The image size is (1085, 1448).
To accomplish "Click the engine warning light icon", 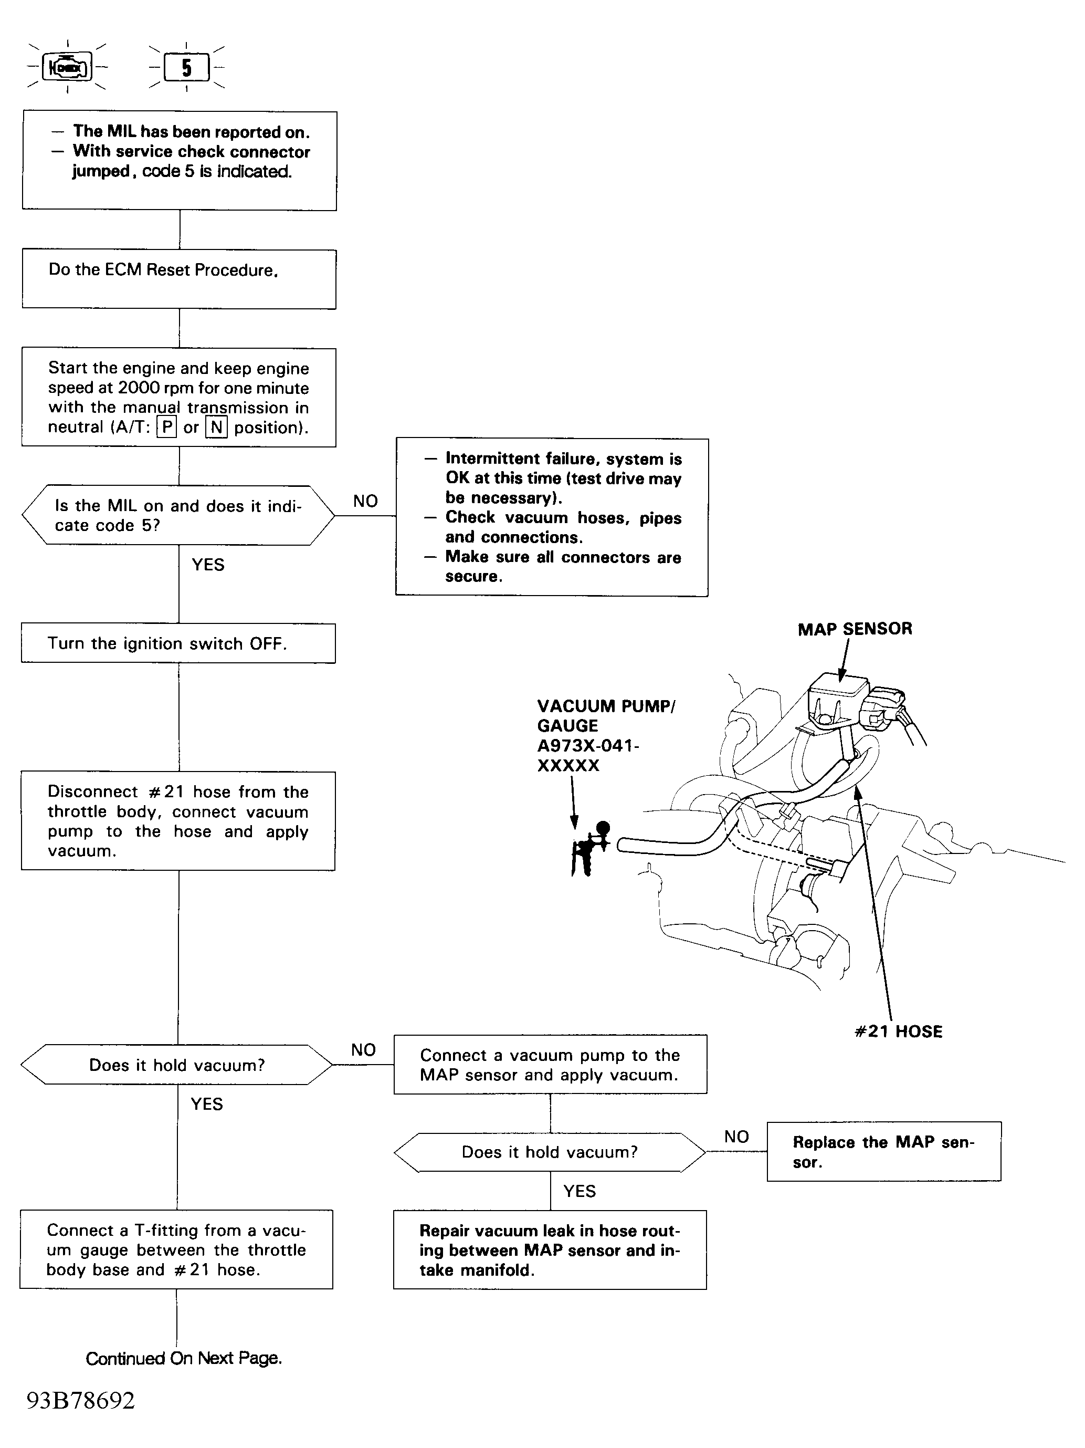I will pyautogui.click(x=67, y=67).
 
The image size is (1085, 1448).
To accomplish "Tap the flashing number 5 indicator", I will pyautogui.click(x=186, y=67).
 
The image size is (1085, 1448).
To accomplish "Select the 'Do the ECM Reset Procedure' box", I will pyautogui.click(x=178, y=279).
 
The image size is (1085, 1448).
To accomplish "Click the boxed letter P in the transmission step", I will pyautogui.click(x=167, y=428).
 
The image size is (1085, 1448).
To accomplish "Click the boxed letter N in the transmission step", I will pyautogui.click(x=216, y=428).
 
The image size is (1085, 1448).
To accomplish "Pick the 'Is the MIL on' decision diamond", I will pyautogui.click(x=178, y=515).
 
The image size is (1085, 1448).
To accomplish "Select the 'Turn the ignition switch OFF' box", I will pyautogui.click(x=178, y=643).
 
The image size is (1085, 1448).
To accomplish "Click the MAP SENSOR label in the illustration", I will pyautogui.click(x=855, y=629).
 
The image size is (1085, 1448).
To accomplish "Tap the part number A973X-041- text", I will pyautogui.click(x=588, y=746).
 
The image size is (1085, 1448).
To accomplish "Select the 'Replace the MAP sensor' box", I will pyautogui.click(x=883, y=1151).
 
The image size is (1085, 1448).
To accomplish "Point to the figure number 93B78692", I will pyautogui.click(x=80, y=1400).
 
